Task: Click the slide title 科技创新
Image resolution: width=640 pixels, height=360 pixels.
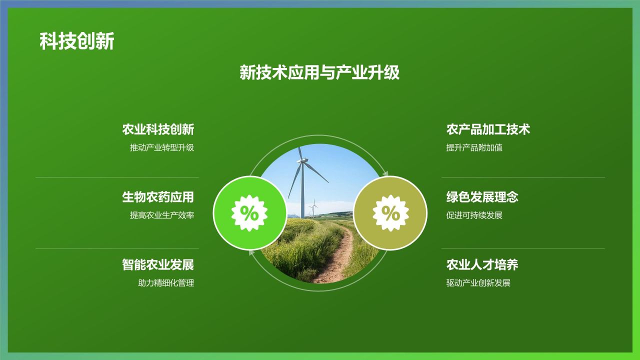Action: pos(77,41)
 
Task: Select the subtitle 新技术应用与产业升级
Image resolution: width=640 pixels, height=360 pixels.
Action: pos(319,73)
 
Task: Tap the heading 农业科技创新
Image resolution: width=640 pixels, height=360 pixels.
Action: pos(158,129)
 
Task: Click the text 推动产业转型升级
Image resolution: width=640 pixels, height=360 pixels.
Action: pos(162,148)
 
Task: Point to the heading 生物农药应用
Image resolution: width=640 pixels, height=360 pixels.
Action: pos(158,197)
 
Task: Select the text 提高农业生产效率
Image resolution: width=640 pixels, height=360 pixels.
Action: pos(162,215)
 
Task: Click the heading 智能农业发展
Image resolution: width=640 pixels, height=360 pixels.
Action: pos(158,264)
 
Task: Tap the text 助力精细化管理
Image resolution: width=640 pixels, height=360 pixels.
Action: pos(166,283)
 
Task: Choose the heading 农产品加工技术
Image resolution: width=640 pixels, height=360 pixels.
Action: pos(488,129)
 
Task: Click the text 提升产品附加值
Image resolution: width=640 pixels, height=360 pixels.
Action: pos(474,148)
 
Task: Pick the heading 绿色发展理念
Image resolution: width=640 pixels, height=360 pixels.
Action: pos(482,197)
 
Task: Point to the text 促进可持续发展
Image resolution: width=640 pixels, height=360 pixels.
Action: pos(474,215)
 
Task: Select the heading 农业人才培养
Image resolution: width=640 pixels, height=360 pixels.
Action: pos(482,264)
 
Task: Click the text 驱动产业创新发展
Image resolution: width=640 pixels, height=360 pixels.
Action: pos(478,283)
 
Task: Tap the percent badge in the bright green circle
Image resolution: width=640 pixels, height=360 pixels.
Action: pos(249,213)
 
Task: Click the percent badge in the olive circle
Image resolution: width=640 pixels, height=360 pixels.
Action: pos(390,213)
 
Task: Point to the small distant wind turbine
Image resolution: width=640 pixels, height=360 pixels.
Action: pos(313,207)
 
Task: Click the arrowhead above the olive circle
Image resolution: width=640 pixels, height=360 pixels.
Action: pos(385,173)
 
